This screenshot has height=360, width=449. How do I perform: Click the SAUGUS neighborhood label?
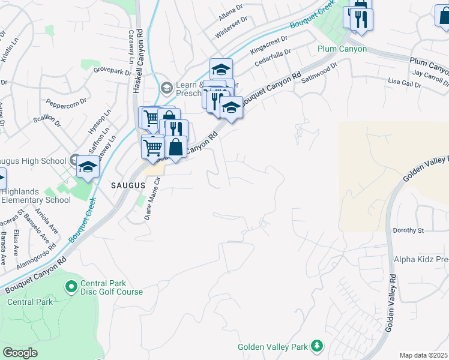tap(128, 186)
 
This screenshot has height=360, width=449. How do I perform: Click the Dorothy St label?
tap(408, 230)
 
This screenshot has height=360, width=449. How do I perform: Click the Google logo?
tap(20, 353)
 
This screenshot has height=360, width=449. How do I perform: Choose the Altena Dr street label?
tap(230, 9)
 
